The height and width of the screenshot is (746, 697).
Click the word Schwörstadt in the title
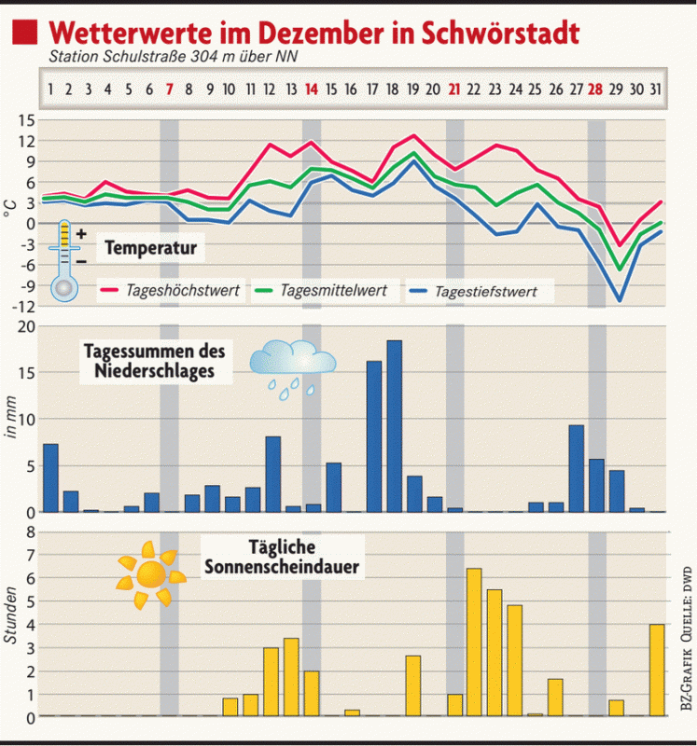coord(501,32)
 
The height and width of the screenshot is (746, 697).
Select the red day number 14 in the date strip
coord(312,90)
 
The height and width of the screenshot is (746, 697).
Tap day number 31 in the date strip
coord(657,90)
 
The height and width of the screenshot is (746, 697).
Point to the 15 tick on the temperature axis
coord(25,120)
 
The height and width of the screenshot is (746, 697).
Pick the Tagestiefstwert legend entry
coord(485,292)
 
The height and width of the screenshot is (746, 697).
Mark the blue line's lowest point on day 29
coord(618,300)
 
